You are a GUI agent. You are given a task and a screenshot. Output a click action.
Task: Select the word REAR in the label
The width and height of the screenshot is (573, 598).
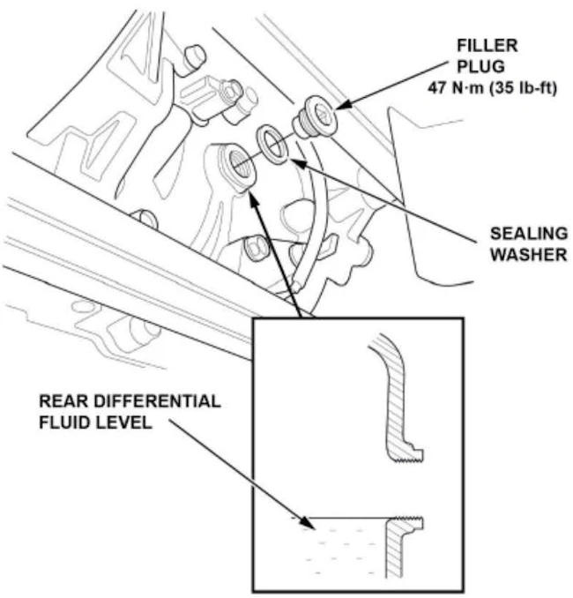60,401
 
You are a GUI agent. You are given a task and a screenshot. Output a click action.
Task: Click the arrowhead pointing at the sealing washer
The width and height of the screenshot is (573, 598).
294,161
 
